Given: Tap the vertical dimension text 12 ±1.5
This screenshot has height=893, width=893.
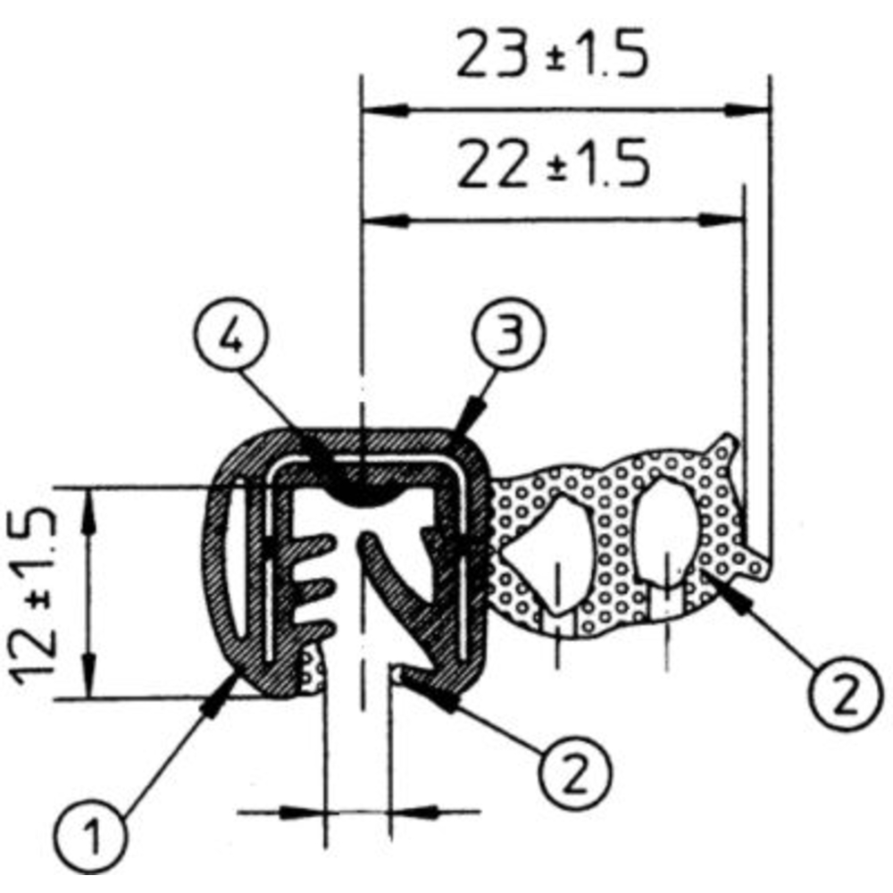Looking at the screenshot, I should pyautogui.click(x=35, y=591).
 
